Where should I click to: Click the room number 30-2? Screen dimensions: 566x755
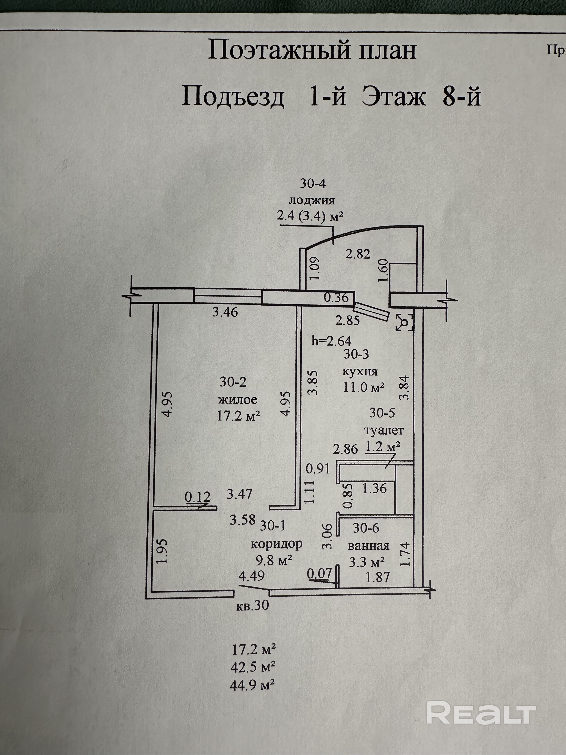click(x=233, y=382)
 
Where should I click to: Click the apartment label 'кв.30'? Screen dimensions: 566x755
click(x=252, y=605)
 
